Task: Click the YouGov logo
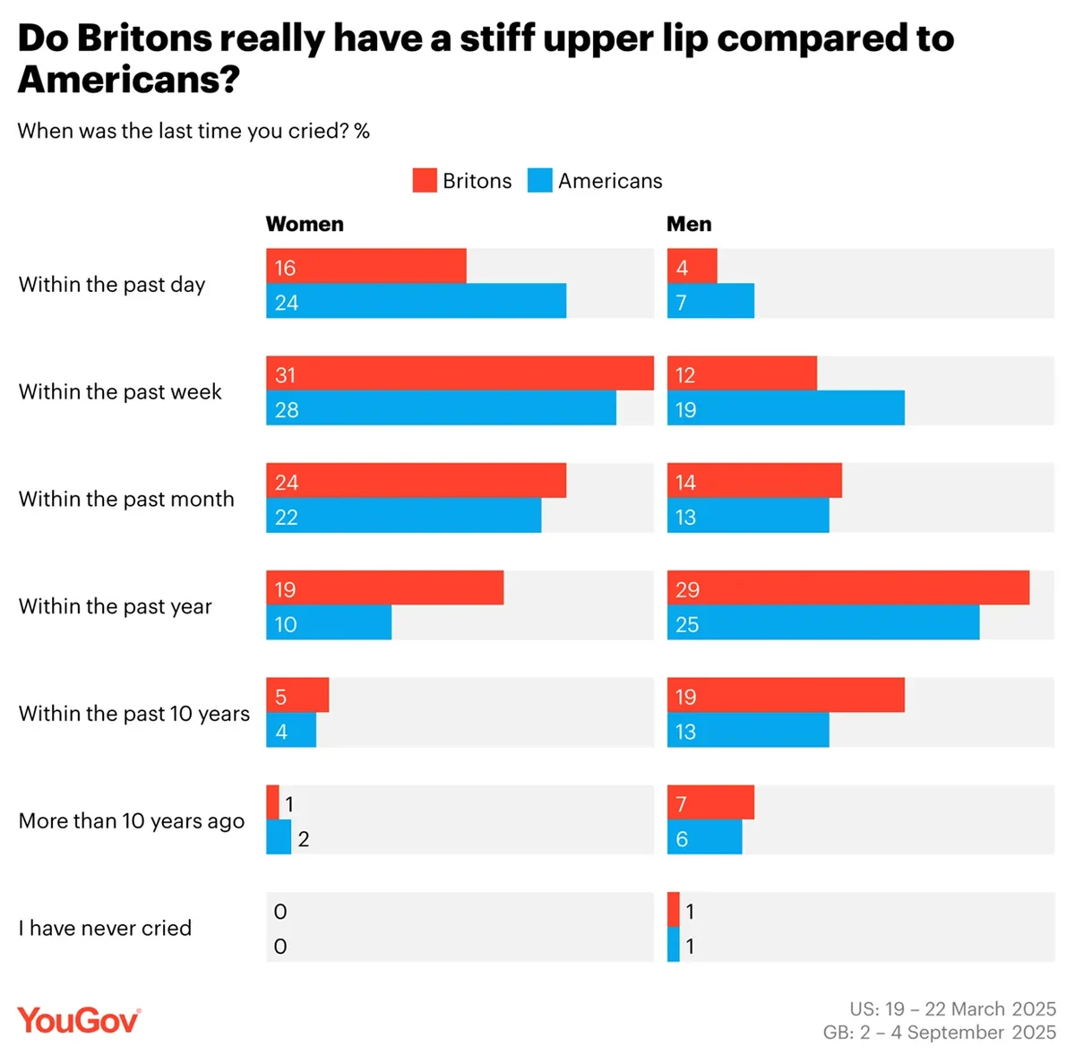pyautogui.click(x=79, y=1020)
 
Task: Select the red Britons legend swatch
pyautogui.click(x=424, y=180)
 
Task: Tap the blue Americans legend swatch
pyautogui.click(x=539, y=180)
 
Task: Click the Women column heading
pyautogui.click(x=305, y=224)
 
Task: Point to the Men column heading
pyautogui.click(x=689, y=224)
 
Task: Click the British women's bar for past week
pyautogui.click(x=460, y=373)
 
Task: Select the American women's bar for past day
pyautogui.click(x=416, y=301)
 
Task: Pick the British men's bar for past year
pyautogui.click(x=847, y=588)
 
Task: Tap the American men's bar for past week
pyautogui.click(x=786, y=408)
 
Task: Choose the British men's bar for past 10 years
pyautogui.click(x=786, y=695)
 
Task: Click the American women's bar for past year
pyautogui.click(x=329, y=622)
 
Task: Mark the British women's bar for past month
pyautogui.click(x=416, y=480)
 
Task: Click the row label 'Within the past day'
pyautogui.click(x=112, y=284)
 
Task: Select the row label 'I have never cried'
pyautogui.click(x=105, y=928)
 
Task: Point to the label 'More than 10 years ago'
pyautogui.click(x=132, y=820)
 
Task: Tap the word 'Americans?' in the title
pyautogui.click(x=129, y=80)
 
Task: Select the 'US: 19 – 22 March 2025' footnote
pyautogui.click(x=952, y=1008)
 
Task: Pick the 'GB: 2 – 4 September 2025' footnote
pyautogui.click(x=939, y=1032)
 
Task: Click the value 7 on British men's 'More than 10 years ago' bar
pyautogui.click(x=682, y=804)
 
